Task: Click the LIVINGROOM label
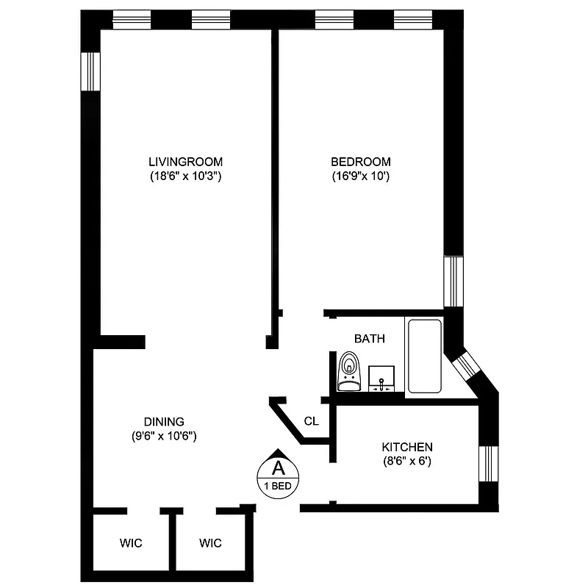point(185,162)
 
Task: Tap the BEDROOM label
point(360,162)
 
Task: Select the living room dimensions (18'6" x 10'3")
point(185,176)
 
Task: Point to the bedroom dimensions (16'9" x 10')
point(360,176)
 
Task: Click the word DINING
point(163,421)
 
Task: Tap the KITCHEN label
point(406,447)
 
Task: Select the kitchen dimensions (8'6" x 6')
point(406,462)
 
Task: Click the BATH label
point(369,339)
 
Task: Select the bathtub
point(424,356)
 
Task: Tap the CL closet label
point(311,421)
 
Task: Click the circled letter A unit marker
point(278,467)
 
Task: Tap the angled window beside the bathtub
point(467,367)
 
